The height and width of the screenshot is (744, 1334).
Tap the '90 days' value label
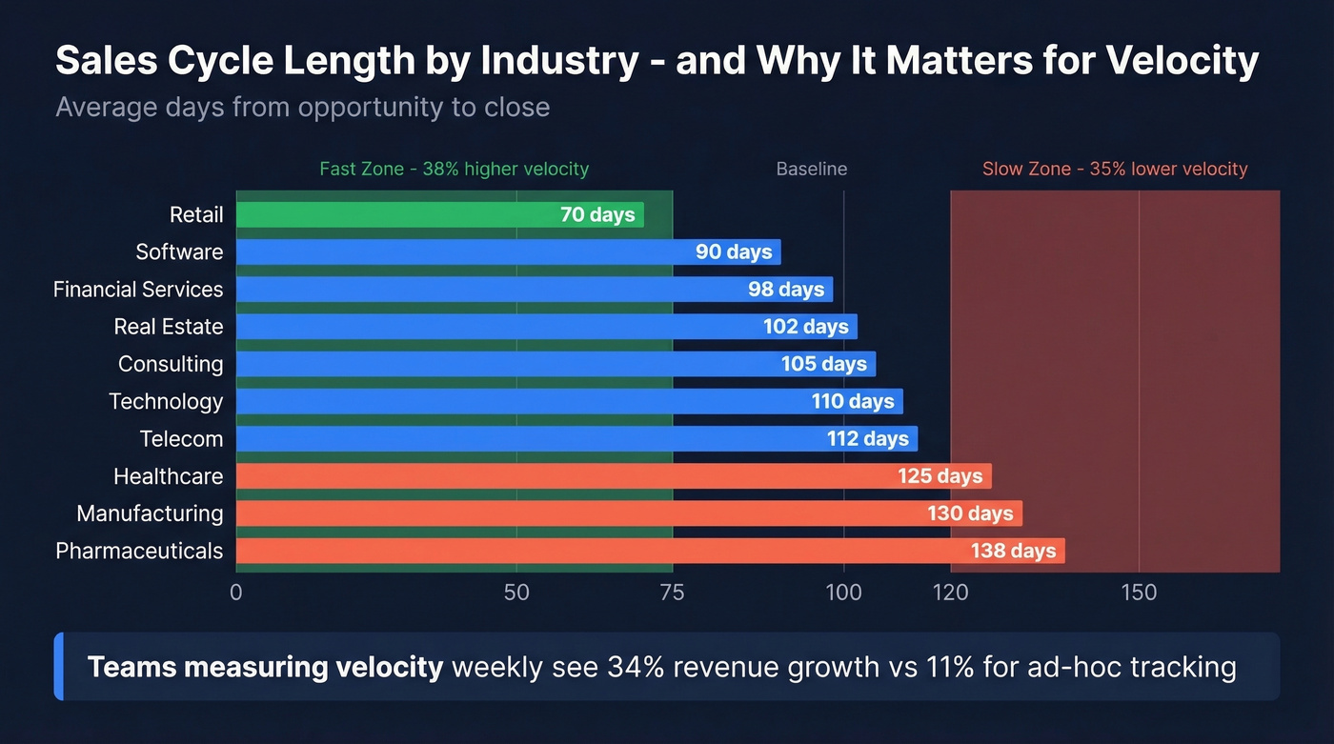tap(734, 252)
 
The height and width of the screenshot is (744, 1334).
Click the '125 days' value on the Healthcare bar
tap(940, 476)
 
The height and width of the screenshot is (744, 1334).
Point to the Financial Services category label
tap(138, 290)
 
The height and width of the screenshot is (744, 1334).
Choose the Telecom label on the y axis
tap(181, 439)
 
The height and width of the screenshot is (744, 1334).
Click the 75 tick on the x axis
tap(672, 593)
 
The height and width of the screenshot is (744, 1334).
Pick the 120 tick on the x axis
tap(950, 593)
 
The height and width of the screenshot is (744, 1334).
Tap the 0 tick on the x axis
tap(236, 593)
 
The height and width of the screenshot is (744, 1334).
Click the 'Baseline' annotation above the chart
tap(811, 170)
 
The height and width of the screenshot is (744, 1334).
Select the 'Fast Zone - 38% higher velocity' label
tap(454, 170)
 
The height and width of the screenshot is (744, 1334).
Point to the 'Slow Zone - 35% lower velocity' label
tap(1115, 170)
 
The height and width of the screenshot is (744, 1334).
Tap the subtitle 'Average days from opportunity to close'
tap(302, 107)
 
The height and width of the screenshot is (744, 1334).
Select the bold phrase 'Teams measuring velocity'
tap(265, 667)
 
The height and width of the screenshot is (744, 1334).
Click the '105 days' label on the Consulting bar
tap(824, 364)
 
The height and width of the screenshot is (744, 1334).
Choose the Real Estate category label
tap(168, 327)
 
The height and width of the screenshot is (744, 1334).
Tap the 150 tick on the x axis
tap(1139, 593)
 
